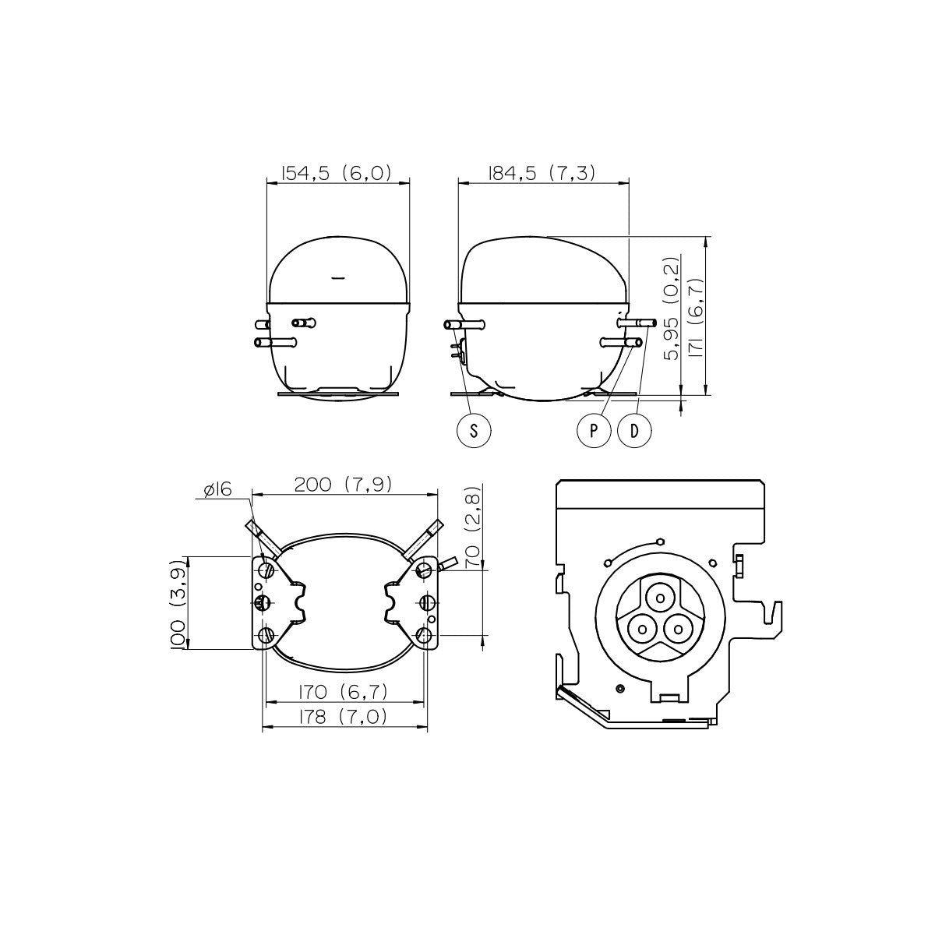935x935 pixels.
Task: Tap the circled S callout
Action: pos(474,430)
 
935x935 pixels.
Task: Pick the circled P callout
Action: pos(594,430)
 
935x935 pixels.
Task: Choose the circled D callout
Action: pos(634,430)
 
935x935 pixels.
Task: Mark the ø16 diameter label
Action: pos(218,489)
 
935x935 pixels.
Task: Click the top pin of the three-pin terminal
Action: pos(660,598)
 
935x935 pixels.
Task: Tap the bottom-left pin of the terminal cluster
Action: pos(642,630)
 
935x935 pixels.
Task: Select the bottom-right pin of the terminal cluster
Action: pos(678,630)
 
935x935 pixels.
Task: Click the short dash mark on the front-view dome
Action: pos(337,278)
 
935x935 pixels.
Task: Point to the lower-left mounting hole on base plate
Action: pos(266,635)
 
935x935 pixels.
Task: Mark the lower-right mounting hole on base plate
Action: pos(424,635)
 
